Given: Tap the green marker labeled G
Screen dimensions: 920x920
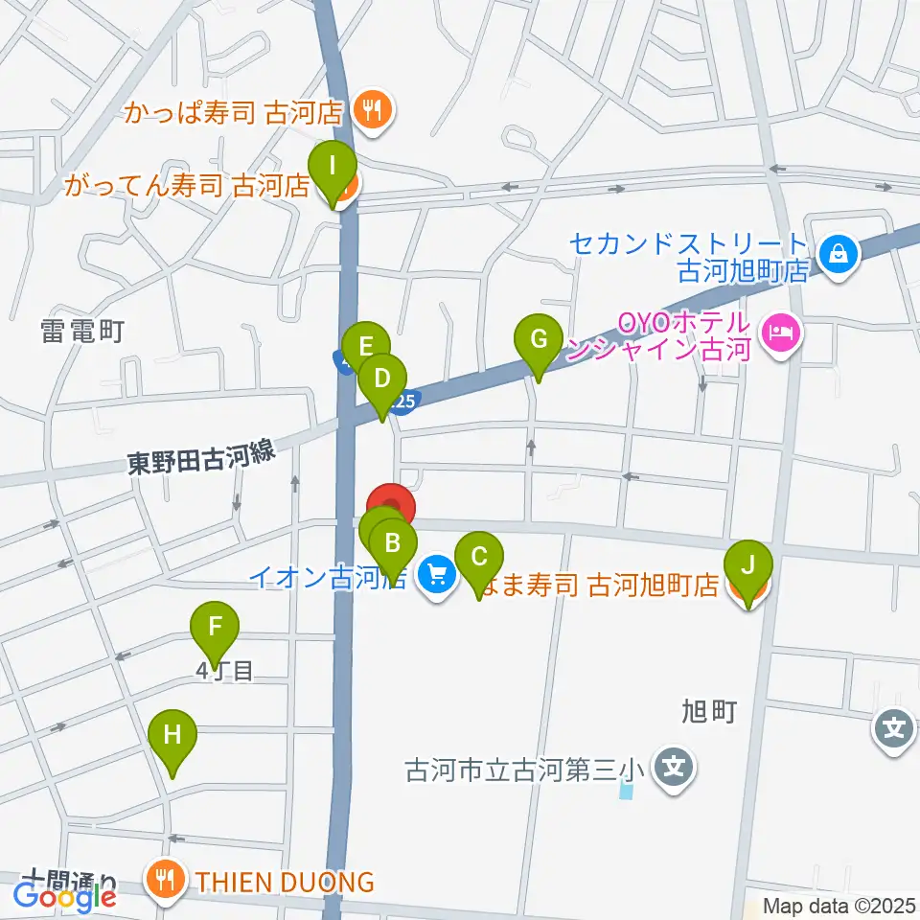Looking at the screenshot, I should tap(538, 339).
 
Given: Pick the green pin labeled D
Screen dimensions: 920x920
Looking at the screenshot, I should tap(381, 378).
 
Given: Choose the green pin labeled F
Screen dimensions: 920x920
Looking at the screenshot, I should tap(215, 629).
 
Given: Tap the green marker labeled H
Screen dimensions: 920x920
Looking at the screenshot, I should tap(172, 736).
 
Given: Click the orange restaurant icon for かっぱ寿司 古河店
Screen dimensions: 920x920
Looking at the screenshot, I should tap(370, 111).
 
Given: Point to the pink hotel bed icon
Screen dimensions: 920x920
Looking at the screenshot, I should tap(778, 333).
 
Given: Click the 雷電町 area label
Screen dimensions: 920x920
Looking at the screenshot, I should tap(83, 332).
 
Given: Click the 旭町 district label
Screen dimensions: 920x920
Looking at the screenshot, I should tap(708, 711).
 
